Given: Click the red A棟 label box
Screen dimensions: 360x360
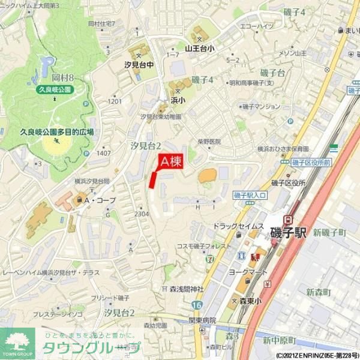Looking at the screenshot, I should click(x=170, y=161).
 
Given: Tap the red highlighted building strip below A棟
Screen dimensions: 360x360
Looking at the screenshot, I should click(x=153, y=179).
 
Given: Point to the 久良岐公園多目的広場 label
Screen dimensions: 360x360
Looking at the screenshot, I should click(x=57, y=131).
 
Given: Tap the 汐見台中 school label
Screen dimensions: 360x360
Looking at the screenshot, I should click(x=139, y=64).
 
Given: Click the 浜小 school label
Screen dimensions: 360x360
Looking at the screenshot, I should click(x=178, y=100).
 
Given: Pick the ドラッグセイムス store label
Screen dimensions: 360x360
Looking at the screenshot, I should click(x=239, y=226).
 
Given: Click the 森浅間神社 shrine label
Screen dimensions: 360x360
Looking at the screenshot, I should click(x=186, y=289).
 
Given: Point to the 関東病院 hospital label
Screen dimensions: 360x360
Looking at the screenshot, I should click(x=202, y=320).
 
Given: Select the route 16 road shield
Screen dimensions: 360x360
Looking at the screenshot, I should click(x=193, y=305).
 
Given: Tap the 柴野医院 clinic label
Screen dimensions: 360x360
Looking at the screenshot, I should click(x=209, y=142).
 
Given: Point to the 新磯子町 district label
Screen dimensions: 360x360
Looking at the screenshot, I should click(x=329, y=232).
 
